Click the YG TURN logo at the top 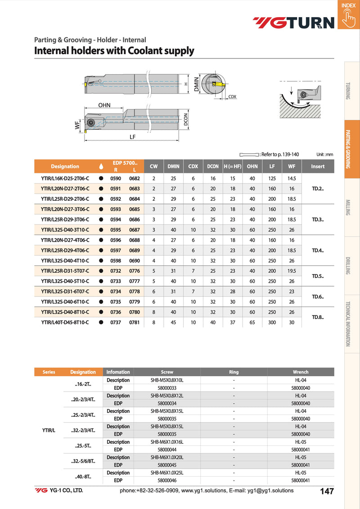(x=293, y=23)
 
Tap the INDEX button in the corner (x=348, y=14)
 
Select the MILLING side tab (x=348, y=207)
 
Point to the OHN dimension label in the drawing (x=104, y=105)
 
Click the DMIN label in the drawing (x=197, y=84)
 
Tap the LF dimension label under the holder (x=132, y=137)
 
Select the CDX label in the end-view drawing (x=232, y=97)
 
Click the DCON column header (x=213, y=166)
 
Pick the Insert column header (x=318, y=166)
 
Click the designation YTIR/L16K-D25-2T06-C (x=65, y=178)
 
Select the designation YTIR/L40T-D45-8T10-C (x=65, y=322)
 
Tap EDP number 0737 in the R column (x=116, y=322)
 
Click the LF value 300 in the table (x=272, y=322)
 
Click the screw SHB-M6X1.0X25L (x=167, y=473)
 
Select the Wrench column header (x=301, y=372)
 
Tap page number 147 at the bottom (x=327, y=491)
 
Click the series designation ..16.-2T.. (x=83, y=384)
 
